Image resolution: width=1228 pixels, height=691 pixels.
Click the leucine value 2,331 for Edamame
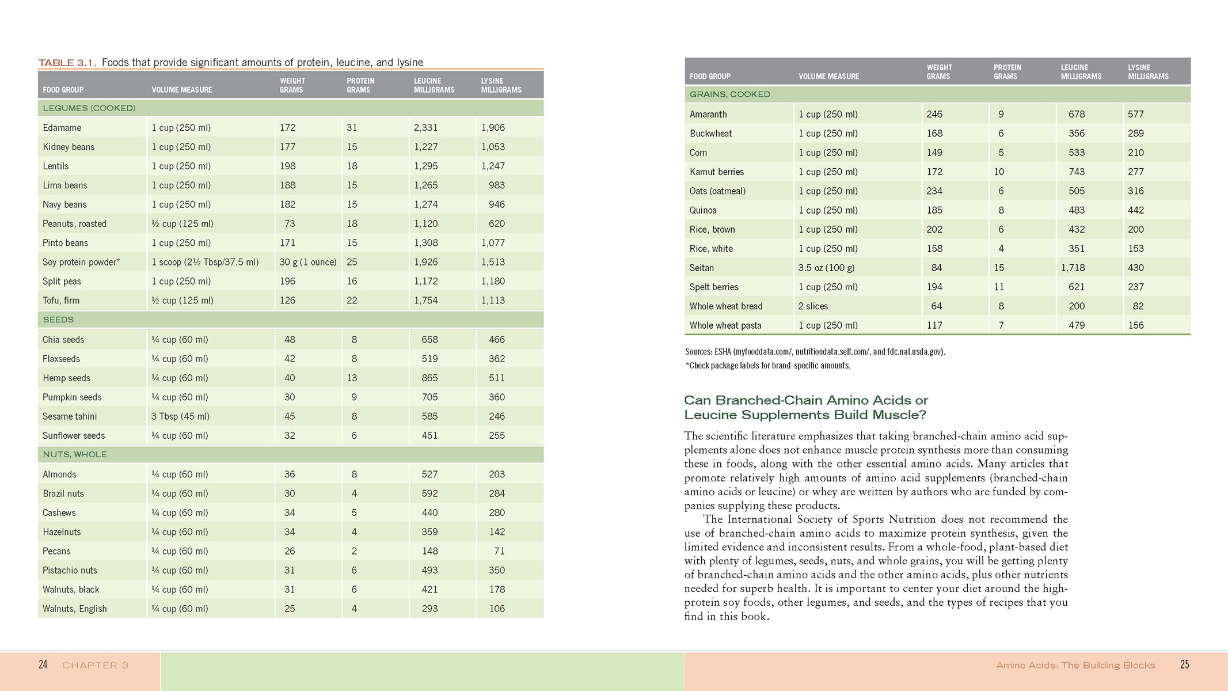pyautogui.click(x=425, y=128)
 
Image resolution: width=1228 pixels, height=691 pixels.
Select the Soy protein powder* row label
pyautogui.click(x=81, y=262)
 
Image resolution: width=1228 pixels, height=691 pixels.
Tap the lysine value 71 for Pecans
pyautogui.click(x=499, y=551)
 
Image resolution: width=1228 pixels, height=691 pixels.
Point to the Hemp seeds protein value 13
pyautogui.click(x=352, y=378)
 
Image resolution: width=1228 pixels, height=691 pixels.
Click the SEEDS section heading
pyautogui.click(x=58, y=320)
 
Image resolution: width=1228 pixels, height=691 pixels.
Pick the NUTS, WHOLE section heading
pyautogui.click(x=75, y=454)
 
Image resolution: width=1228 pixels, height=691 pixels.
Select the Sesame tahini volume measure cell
pyautogui.click(x=180, y=416)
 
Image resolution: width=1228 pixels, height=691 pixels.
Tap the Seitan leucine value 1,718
pyautogui.click(x=1073, y=268)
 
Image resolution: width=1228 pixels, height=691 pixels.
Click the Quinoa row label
pyautogui.click(x=703, y=210)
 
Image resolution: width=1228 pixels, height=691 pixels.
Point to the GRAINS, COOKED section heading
pyautogui.click(x=729, y=94)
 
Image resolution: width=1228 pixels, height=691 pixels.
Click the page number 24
pyautogui.click(x=43, y=665)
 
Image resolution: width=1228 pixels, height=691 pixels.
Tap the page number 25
pyautogui.click(x=1184, y=665)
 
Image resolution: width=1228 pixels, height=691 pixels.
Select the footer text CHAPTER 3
pyautogui.click(x=95, y=666)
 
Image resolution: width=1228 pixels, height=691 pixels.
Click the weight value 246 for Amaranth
pyautogui.click(x=934, y=115)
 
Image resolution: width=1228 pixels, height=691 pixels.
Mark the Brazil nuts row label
pyautogui.click(x=63, y=493)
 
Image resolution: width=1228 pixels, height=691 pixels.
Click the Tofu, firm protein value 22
pyautogui.click(x=352, y=301)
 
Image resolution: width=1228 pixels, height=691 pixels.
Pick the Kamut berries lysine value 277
pyautogui.click(x=1135, y=172)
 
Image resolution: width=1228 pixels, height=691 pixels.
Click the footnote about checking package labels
pyautogui.click(x=767, y=366)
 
